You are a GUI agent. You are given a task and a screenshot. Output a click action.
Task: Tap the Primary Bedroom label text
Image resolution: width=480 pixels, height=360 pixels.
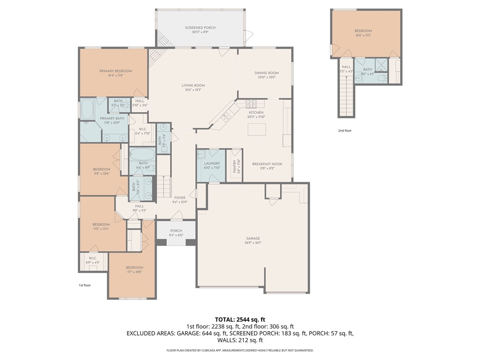(x=115, y=71)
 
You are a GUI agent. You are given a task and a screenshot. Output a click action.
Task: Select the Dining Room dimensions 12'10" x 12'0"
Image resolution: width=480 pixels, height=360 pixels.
(x=267, y=77)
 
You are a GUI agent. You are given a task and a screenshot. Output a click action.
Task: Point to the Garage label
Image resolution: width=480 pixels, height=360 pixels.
(x=253, y=238)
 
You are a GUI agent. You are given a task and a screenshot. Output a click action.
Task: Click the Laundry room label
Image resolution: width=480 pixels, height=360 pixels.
(x=212, y=164)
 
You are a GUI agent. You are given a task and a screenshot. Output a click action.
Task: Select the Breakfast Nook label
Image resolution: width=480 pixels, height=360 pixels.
(x=267, y=164)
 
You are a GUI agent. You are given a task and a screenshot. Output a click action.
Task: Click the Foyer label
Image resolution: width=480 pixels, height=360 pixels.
(x=180, y=198)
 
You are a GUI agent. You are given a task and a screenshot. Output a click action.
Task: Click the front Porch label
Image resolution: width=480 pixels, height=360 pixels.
(x=176, y=231)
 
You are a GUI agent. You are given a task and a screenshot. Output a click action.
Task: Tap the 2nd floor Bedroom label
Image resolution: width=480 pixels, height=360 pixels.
(x=363, y=31)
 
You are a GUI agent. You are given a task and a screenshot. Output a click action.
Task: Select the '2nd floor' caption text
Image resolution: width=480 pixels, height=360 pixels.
(x=345, y=131)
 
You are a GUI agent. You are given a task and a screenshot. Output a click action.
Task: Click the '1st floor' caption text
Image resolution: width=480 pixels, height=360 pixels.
(x=84, y=285)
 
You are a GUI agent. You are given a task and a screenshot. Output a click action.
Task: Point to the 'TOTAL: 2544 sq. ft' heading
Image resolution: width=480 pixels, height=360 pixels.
(x=240, y=319)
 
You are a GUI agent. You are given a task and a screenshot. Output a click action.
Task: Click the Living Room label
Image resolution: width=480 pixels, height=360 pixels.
(x=193, y=85)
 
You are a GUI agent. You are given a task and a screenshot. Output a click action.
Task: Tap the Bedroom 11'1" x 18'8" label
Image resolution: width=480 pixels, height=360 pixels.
(x=134, y=268)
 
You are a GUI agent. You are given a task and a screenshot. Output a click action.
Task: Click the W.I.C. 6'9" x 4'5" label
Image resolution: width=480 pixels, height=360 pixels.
(x=92, y=258)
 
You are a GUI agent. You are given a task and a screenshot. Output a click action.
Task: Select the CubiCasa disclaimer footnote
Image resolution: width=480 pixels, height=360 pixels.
(x=240, y=350)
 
